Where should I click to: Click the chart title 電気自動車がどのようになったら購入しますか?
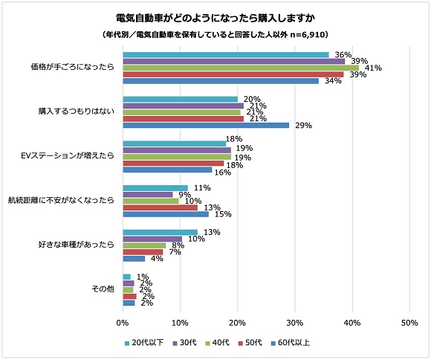click(x=215, y=17)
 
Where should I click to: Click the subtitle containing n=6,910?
click(x=215, y=34)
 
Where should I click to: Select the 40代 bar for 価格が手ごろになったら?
click(x=241, y=68)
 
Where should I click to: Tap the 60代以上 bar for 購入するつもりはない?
click(x=206, y=125)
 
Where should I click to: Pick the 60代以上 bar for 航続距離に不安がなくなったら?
click(x=166, y=213)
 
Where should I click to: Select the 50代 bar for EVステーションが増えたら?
click(x=173, y=164)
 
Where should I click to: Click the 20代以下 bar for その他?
click(x=126, y=276)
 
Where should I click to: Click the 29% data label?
click(x=302, y=126)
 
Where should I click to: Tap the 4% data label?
click(x=158, y=259)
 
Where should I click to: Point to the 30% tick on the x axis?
click(x=294, y=323)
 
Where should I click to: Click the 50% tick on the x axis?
click(x=409, y=323)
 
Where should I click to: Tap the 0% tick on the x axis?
click(x=123, y=323)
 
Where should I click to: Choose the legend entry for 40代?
click(x=218, y=343)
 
